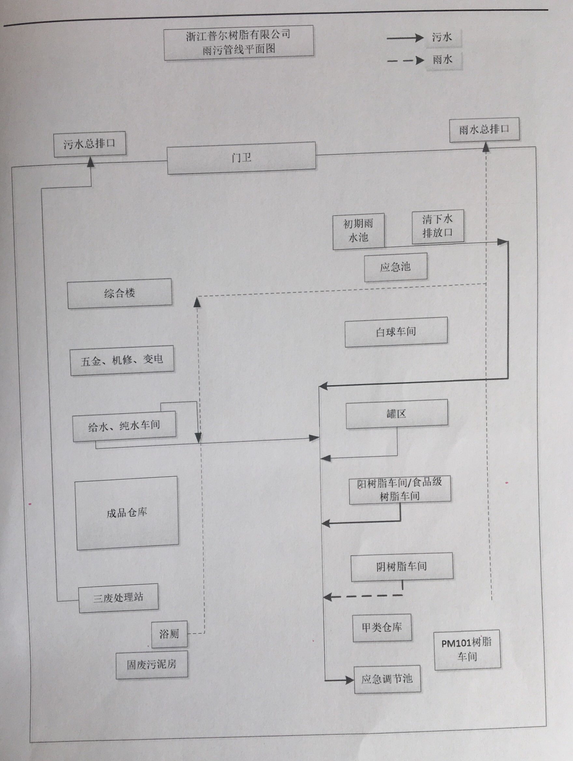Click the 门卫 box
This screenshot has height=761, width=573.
(241, 158)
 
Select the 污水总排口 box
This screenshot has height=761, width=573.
(90, 144)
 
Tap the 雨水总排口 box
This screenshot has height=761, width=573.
(484, 129)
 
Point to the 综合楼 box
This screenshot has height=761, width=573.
(119, 293)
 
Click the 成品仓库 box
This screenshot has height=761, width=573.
(127, 513)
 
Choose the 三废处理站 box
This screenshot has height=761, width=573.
(118, 597)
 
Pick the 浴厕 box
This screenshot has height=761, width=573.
(169, 634)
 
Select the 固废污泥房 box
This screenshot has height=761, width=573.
(152, 664)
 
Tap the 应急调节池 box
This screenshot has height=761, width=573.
(387, 679)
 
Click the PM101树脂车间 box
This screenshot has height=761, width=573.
(467, 650)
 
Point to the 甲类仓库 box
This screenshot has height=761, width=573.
(382, 627)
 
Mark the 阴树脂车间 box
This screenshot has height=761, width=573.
(401, 566)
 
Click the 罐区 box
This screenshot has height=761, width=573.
(397, 413)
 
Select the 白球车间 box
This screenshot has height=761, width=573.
(396, 332)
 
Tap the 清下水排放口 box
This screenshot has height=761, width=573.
(438, 226)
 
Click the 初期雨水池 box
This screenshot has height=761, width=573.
(358, 231)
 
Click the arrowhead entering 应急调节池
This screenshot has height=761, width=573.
(350, 680)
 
